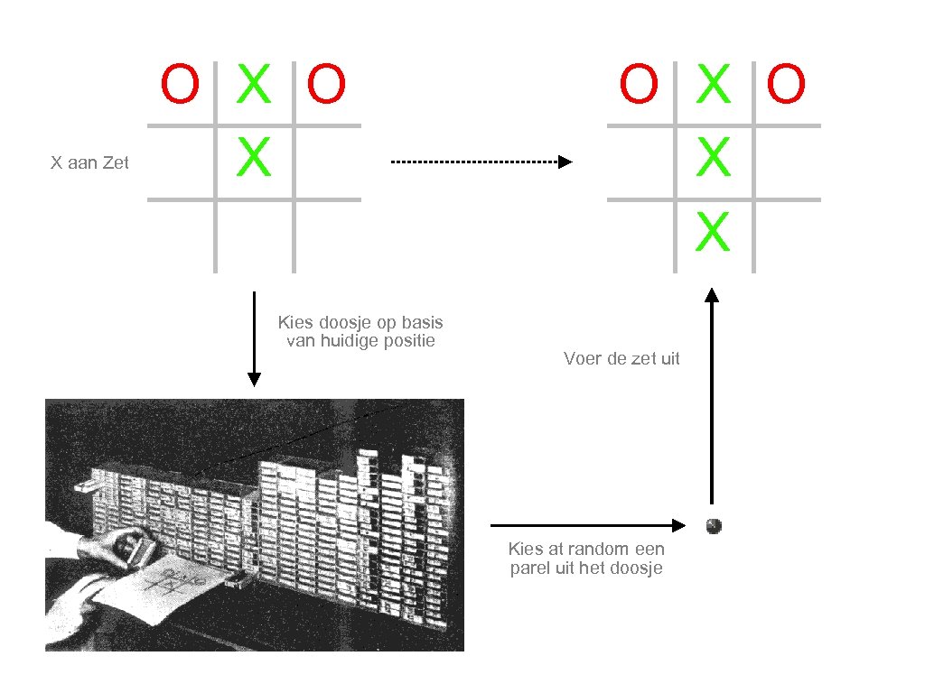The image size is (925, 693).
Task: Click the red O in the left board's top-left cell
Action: tap(180, 85)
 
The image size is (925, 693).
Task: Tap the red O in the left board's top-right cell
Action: tap(326, 85)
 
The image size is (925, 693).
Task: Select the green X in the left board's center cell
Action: tap(254, 158)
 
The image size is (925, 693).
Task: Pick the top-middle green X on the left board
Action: tap(254, 85)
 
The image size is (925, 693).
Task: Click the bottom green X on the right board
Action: tap(713, 232)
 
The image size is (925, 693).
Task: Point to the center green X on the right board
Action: tap(713, 159)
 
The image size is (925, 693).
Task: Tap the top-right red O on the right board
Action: tap(786, 85)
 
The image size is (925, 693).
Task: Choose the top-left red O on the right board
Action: tap(639, 85)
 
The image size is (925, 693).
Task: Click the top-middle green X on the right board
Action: tap(713, 85)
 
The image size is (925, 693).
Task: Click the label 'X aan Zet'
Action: tap(89, 163)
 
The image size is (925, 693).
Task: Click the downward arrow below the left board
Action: tap(254, 338)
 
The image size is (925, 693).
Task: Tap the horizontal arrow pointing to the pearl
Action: tap(588, 524)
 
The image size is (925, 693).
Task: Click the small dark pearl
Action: tap(714, 524)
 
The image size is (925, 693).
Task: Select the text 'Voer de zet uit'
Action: tap(621, 359)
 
